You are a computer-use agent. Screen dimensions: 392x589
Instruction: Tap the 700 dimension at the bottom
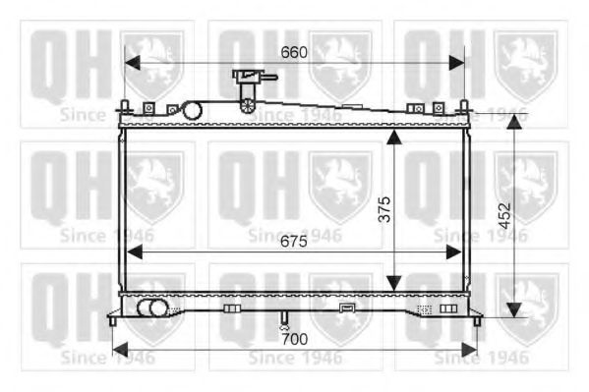pyautogui.click(x=296, y=339)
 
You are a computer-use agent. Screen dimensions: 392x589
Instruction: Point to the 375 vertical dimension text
pyautogui.click(x=384, y=210)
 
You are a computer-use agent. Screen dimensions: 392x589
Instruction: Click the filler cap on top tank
pyautogui.click(x=249, y=77)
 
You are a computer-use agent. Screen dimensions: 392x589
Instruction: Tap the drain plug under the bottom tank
pyautogui.click(x=283, y=320)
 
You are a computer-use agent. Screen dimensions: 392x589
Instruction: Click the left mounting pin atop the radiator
pyautogui.click(x=125, y=105)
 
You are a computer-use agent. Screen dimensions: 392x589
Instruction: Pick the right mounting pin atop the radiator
pyautogui.click(x=465, y=105)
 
